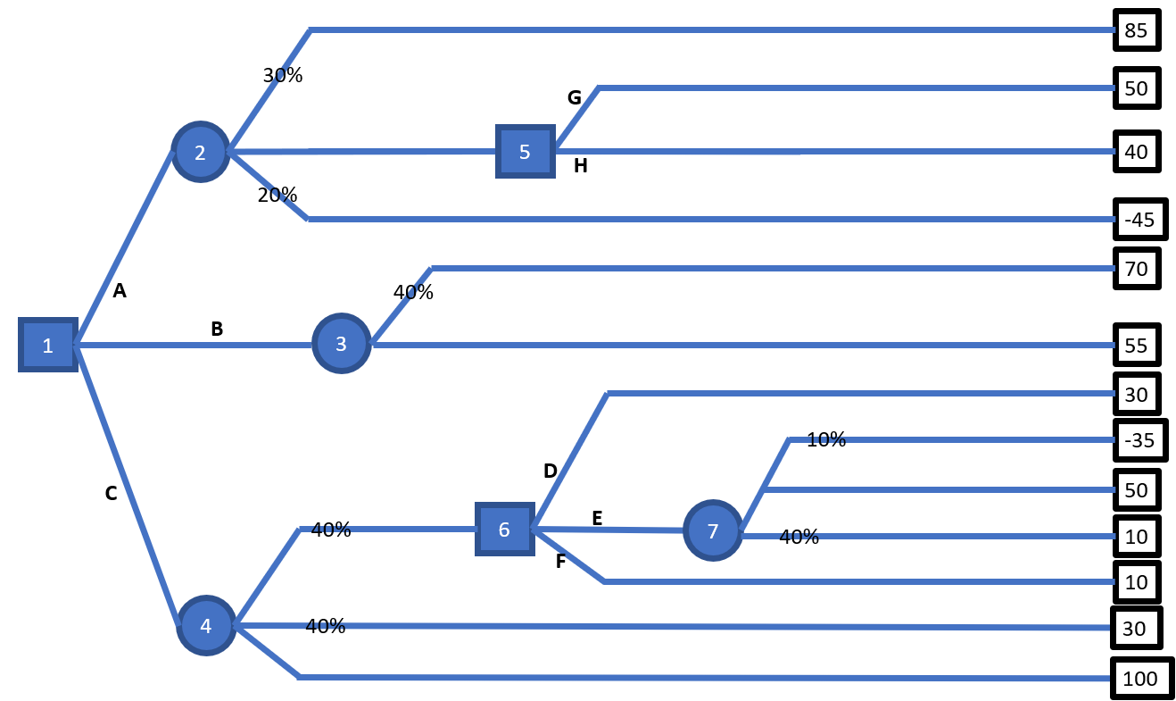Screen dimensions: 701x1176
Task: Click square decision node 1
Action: (x=48, y=345)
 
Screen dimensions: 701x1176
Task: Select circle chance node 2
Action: (x=200, y=152)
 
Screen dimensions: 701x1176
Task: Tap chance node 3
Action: (x=341, y=344)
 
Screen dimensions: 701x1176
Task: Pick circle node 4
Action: (x=206, y=626)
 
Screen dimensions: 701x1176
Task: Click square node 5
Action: (x=524, y=152)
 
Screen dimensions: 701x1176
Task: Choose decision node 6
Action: (x=503, y=530)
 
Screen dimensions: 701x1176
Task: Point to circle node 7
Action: (x=712, y=531)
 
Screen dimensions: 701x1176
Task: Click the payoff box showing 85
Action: (x=1136, y=31)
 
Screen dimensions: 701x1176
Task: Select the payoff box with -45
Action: (x=1139, y=220)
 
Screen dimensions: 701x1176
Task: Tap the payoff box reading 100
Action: (x=1139, y=679)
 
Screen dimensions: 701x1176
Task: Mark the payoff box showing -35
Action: (x=1139, y=440)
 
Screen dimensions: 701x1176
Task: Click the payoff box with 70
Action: (x=1137, y=268)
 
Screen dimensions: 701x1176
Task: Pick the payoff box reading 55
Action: (x=1137, y=346)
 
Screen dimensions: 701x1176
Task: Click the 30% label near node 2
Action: (x=283, y=76)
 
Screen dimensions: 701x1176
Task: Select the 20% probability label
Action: (x=277, y=195)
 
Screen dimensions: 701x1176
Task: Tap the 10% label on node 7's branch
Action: (x=825, y=439)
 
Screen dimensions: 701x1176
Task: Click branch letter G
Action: (x=575, y=98)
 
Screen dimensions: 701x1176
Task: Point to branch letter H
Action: (x=580, y=165)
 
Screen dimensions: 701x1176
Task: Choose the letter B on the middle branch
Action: (x=217, y=329)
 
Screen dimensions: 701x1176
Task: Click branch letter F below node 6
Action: (x=560, y=562)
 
